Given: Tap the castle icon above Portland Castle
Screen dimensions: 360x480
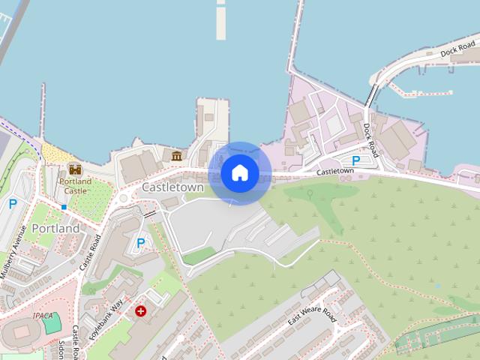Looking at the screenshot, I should pyautogui.click(x=74, y=169).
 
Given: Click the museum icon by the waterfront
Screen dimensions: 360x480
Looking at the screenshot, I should pyautogui.click(x=177, y=156).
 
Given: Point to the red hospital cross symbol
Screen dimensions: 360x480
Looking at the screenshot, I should pyautogui.click(x=140, y=310).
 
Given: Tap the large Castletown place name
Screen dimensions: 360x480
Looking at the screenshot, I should pyautogui.click(x=172, y=187).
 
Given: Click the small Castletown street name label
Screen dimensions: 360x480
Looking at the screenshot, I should pyautogui.click(x=334, y=171).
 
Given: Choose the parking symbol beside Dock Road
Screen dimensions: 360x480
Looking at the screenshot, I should pyautogui.click(x=356, y=160).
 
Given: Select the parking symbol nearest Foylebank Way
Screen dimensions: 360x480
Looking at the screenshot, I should pyautogui.click(x=140, y=243).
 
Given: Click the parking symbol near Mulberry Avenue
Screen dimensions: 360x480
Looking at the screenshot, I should pyautogui.click(x=13, y=203).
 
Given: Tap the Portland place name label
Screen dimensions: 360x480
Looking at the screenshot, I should pyautogui.click(x=55, y=228).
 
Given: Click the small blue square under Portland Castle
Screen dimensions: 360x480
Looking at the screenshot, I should pyautogui.click(x=64, y=206).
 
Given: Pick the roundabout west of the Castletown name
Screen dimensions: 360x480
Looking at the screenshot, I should pyautogui.click(x=123, y=199).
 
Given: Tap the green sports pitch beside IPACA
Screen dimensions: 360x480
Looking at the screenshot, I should pyautogui.click(x=51, y=323).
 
